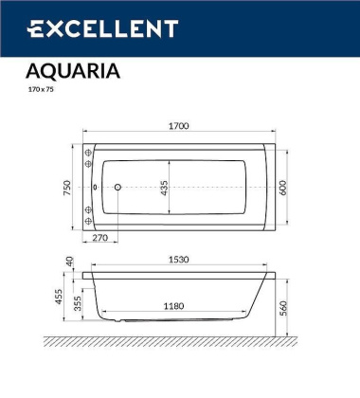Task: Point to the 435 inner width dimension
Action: coord(163,187)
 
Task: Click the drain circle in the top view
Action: coord(117,188)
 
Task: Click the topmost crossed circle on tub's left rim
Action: coord(88,151)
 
